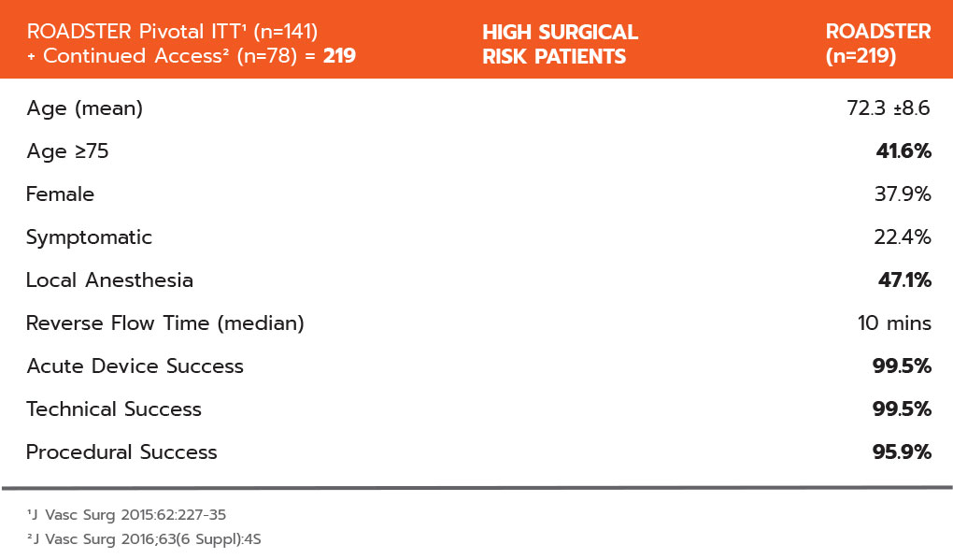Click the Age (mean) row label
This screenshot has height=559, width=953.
pos(84,108)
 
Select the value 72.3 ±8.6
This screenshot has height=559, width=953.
pos(888,107)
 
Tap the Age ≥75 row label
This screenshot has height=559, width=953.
pos(67,150)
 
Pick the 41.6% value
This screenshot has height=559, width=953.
pos(903,150)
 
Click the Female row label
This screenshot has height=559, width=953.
pos(60,194)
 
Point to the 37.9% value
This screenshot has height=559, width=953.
pos(903,194)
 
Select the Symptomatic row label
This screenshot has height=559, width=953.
pos(89,237)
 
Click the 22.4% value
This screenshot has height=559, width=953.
pos(903,236)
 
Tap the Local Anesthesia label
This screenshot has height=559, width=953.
pos(109,280)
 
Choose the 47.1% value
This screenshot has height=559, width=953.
pos(904,279)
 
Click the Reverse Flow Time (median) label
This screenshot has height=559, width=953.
pos(164,323)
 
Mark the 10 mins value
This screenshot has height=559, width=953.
pos(894,323)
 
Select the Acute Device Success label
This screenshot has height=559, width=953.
pos(135,366)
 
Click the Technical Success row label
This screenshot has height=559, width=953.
pos(114,409)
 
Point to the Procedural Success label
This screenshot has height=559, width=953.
pos(121,452)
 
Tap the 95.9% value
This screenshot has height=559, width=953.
pos(902,451)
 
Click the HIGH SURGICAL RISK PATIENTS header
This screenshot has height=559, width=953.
pos(560,44)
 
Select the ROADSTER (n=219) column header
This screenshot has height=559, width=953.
pos(878,44)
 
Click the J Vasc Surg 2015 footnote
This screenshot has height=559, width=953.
pos(126,515)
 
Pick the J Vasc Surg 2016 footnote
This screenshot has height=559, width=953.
pos(144,539)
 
